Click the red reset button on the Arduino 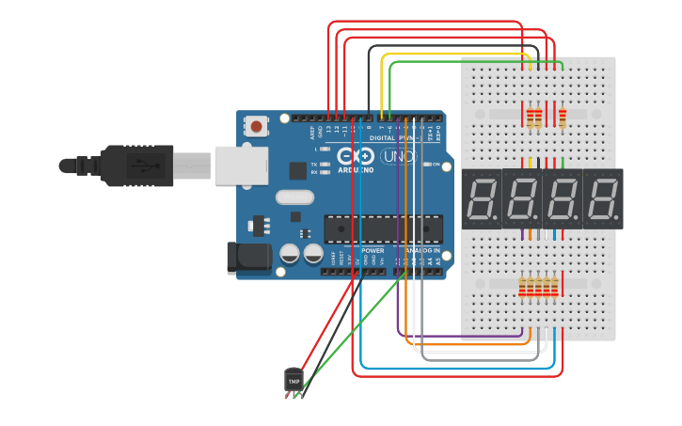(257, 125)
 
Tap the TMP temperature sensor (293, 380)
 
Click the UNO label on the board (397, 156)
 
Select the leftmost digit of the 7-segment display (483, 198)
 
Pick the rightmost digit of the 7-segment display (603, 198)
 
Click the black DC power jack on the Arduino (248, 259)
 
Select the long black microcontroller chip (383, 228)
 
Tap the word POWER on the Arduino (373, 251)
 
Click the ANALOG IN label (423, 251)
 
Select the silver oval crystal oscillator (294, 197)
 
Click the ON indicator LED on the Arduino (428, 165)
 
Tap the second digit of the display (523, 198)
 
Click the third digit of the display (563, 198)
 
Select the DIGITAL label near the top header (382, 137)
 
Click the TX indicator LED (325, 165)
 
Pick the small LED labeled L (325, 150)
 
